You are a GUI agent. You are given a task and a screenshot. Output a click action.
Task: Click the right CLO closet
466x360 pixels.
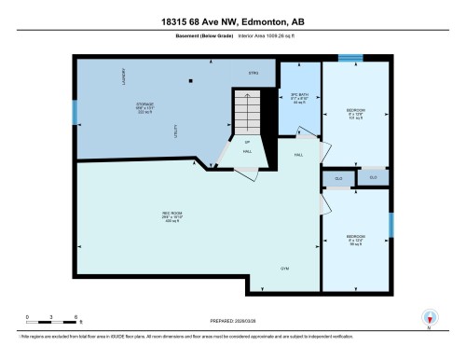pyautogui.click(x=373, y=176)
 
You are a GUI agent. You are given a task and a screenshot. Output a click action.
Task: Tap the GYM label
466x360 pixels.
pyautogui.click(x=286, y=269)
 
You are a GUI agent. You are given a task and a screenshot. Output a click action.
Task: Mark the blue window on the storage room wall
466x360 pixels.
pyautogui.click(x=76, y=112)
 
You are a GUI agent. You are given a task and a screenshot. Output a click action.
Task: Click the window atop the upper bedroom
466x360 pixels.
pyautogui.click(x=350, y=58)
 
